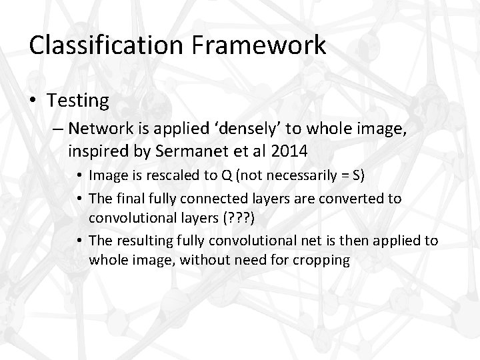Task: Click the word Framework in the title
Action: (x=261, y=45)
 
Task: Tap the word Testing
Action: (x=78, y=101)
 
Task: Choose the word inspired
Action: (x=94, y=151)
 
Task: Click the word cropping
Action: (x=319, y=259)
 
